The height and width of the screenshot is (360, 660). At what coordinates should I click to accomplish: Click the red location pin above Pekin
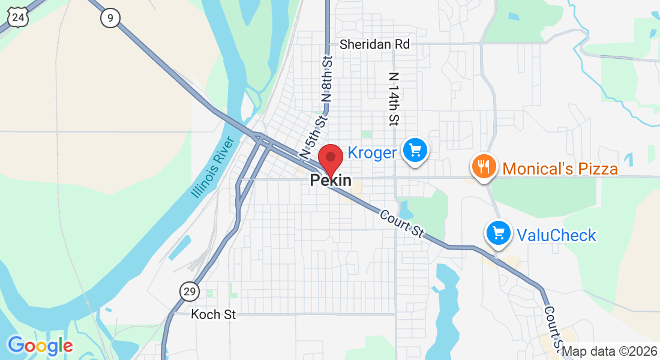330,159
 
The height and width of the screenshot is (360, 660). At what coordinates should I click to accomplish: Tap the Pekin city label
331,181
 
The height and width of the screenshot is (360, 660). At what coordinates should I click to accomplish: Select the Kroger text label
372,153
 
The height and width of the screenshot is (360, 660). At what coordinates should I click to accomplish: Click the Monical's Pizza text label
560,169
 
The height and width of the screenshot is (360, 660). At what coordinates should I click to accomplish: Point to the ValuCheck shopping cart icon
499,233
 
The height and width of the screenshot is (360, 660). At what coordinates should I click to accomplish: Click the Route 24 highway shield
19,17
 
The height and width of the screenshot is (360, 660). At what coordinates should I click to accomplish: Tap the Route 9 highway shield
110,18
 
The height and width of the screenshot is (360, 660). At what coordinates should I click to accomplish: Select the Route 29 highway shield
189,292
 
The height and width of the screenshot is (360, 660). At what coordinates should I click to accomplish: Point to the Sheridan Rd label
374,44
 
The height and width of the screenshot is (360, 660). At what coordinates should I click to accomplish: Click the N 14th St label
394,99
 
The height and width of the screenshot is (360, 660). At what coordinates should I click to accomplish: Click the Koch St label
214,314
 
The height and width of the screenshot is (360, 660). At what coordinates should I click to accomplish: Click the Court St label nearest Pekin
402,223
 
